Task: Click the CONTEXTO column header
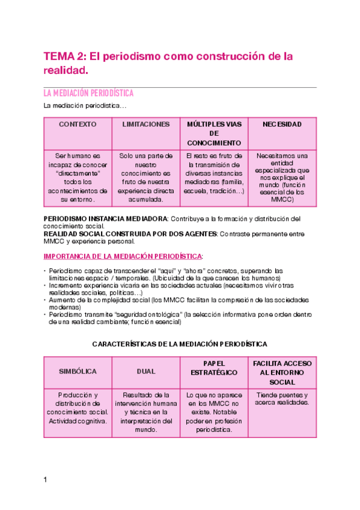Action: click(x=78, y=124)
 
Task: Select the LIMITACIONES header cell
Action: click(x=146, y=124)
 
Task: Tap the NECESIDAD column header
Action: click(x=282, y=124)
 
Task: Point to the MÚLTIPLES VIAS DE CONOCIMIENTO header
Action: click(x=214, y=134)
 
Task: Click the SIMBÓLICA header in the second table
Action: click(x=78, y=372)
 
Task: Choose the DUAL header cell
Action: click(x=146, y=372)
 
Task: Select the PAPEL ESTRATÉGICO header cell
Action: click(x=214, y=368)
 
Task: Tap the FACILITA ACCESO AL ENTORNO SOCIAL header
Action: click(x=282, y=373)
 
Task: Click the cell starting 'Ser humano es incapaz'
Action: click(x=78, y=177)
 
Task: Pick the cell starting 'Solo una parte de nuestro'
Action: click(x=146, y=177)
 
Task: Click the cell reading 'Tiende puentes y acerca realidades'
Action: click(x=282, y=399)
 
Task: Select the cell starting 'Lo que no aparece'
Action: click(x=214, y=412)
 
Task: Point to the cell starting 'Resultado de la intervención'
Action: click(x=146, y=412)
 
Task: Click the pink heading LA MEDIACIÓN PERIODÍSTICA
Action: click(x=88, y=94)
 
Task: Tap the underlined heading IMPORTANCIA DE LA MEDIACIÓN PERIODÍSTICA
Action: click(x=123, y=256)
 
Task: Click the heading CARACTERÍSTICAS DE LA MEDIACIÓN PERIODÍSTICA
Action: click(x=180, y=344)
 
